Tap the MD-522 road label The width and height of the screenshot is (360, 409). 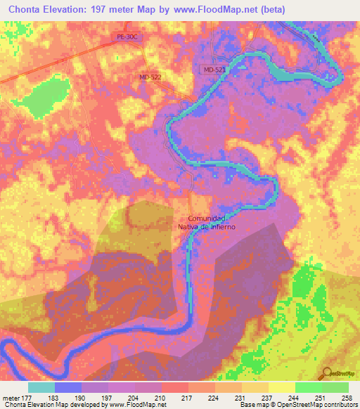(151, 77)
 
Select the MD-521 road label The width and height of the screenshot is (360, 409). (213, 70)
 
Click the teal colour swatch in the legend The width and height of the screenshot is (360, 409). (41, 387)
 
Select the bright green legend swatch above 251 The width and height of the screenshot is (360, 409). (308, 387)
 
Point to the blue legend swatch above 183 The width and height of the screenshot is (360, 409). (68, 387)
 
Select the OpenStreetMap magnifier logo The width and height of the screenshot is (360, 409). (327, 372)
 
